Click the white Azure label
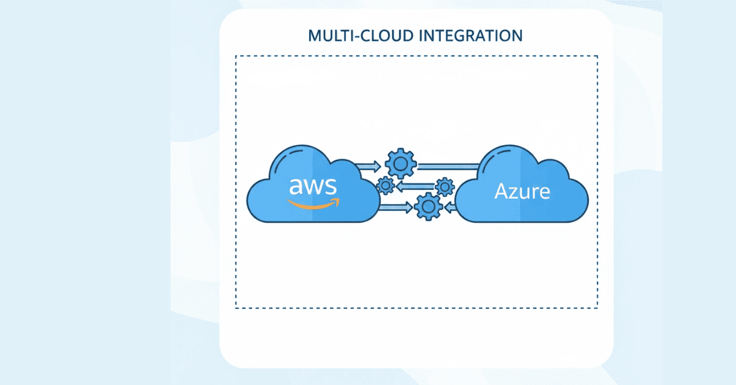pos(523,192)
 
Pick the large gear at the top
pos(401,164)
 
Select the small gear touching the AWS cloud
pos(386,185)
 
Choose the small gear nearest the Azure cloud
pos(444,185)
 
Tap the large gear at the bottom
pos(428,207)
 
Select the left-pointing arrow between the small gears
pos(415,185)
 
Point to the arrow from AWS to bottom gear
pos(395,208)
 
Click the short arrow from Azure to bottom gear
pos(450,208)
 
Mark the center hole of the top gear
pos(401,164)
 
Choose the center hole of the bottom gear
pos(428,207)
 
